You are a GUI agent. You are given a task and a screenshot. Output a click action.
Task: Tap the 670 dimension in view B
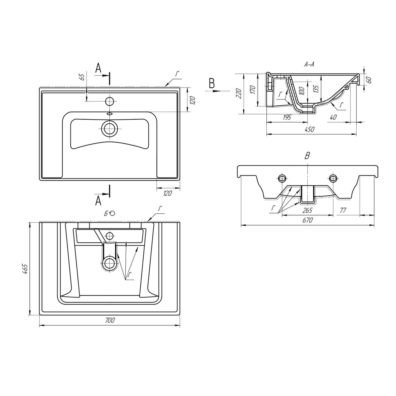pyautogui.click(x=308, y=220)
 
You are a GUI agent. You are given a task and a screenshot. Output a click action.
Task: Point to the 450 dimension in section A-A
pyautogui.click(x=310, y=129)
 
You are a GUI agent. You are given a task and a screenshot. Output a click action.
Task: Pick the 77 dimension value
pyautogui.click(x=343, y=210)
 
